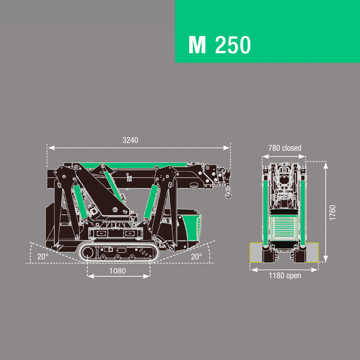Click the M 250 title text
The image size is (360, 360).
[220, 45]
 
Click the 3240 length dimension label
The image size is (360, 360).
[130, 140]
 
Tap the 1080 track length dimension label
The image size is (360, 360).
[117, 271]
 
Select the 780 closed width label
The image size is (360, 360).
[285, 148]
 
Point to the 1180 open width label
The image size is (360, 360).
[285, 276]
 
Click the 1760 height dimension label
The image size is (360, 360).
[332, 213]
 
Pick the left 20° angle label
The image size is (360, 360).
[43, 256]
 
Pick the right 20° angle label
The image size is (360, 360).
[196, 256]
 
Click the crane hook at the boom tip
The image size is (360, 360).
[228, 195]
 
